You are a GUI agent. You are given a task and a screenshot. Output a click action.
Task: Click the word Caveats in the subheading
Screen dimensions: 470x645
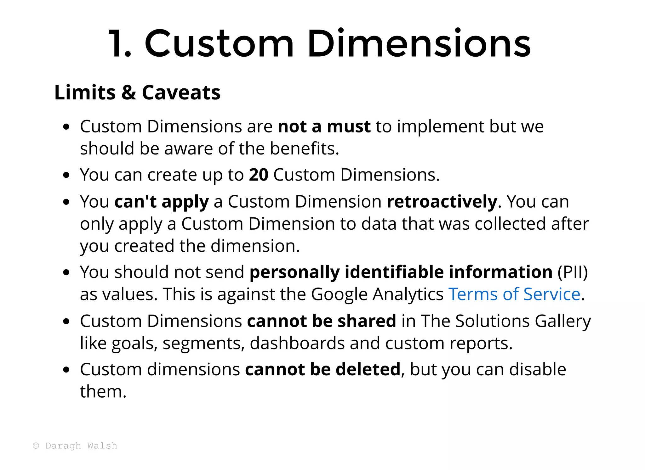pos(181,92)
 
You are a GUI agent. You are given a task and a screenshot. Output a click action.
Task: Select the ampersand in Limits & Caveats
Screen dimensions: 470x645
pos(129,92)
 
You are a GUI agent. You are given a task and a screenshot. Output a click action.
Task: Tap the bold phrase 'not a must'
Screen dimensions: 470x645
pos(324,126)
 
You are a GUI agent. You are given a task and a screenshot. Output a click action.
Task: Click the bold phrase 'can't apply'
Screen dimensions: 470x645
pos(162,202)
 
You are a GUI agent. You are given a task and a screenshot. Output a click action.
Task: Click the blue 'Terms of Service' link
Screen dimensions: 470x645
pos(514,294)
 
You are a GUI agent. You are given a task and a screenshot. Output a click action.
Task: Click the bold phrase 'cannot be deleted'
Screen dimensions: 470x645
pos(322,369)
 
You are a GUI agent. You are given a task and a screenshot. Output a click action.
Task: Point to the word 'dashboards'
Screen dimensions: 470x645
pos(297,343)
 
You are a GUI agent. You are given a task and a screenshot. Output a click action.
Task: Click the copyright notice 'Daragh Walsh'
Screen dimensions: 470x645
pos(81,446)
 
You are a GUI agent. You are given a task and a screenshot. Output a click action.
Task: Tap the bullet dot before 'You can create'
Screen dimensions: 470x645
pos(66,175)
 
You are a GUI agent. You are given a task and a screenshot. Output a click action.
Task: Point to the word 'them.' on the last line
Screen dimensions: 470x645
pos(103,392)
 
